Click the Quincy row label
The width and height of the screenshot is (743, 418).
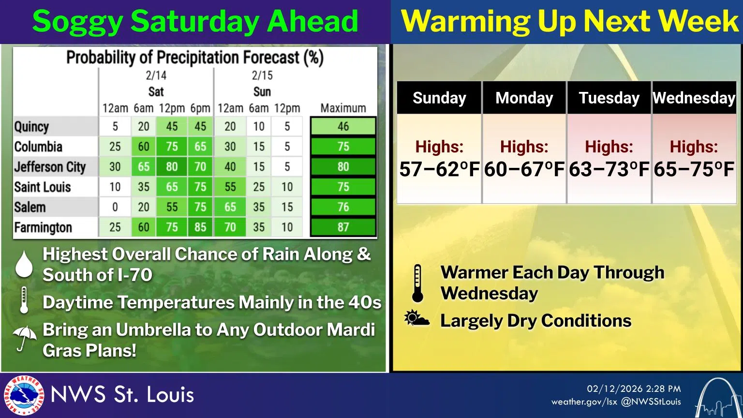coord(32,127)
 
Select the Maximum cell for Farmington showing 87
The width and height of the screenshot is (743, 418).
coord(343,227)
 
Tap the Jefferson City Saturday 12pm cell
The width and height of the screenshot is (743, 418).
coord(172,167)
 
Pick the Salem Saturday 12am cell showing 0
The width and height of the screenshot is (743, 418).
coord(115,207)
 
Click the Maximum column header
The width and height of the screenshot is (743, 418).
coord(343,108)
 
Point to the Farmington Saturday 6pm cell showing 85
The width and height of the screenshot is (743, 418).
coord(200,227)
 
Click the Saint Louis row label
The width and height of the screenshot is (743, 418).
coord(43,187)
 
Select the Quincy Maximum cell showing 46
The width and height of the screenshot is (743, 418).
coord(343,127)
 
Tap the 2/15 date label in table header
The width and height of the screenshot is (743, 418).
coord(262,75)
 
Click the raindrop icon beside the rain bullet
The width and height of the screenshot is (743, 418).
coord(24,264)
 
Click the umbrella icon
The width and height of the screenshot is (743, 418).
coord(24,338)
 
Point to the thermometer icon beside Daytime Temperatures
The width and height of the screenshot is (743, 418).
coord(24,300)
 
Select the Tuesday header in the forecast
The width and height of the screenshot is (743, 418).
coord(609,98)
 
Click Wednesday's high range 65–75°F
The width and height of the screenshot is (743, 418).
coord(694,170)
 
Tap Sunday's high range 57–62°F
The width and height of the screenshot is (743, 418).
coord(439,170)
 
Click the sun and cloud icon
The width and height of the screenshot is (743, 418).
coord(417,319)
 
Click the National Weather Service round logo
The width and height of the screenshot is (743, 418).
coord(23,395)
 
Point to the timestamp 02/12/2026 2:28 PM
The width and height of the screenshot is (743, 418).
coord(634,389)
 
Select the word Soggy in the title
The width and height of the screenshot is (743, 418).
coord(77,22)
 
